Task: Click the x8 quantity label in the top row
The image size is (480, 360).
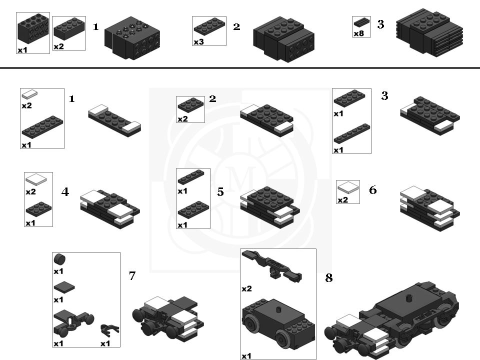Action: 358,33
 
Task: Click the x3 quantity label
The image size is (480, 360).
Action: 199,42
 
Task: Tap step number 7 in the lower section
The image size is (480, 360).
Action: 132,275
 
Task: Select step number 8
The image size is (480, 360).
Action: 329,278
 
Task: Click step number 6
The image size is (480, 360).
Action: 372,190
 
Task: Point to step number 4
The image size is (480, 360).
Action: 65,192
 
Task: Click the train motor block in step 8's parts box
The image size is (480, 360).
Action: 277,322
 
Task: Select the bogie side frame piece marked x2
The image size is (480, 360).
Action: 272,265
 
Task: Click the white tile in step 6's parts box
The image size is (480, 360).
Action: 348,188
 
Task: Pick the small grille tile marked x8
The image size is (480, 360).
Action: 361,22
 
